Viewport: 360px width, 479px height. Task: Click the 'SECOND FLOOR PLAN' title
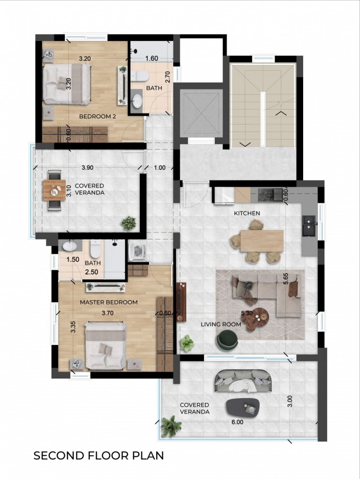(x=98, y=456)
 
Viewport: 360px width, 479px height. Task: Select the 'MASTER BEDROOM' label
(x=108, y=302)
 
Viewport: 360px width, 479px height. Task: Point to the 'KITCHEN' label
(x=247, y=213)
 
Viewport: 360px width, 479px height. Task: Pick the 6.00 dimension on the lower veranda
(x=237, y=422)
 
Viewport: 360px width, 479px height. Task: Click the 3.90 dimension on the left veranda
(x=88, y=168)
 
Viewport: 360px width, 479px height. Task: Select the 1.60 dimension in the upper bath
(x=152, y=58)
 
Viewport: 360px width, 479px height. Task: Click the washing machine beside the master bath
(x=137, y=251)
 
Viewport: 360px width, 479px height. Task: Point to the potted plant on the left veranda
(x=128, y=222)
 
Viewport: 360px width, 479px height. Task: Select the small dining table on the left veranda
(x=54, y=189)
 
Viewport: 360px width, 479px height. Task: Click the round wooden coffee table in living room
(x=261, y=317)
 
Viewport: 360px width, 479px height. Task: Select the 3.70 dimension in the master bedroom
(x=108, y=313)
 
